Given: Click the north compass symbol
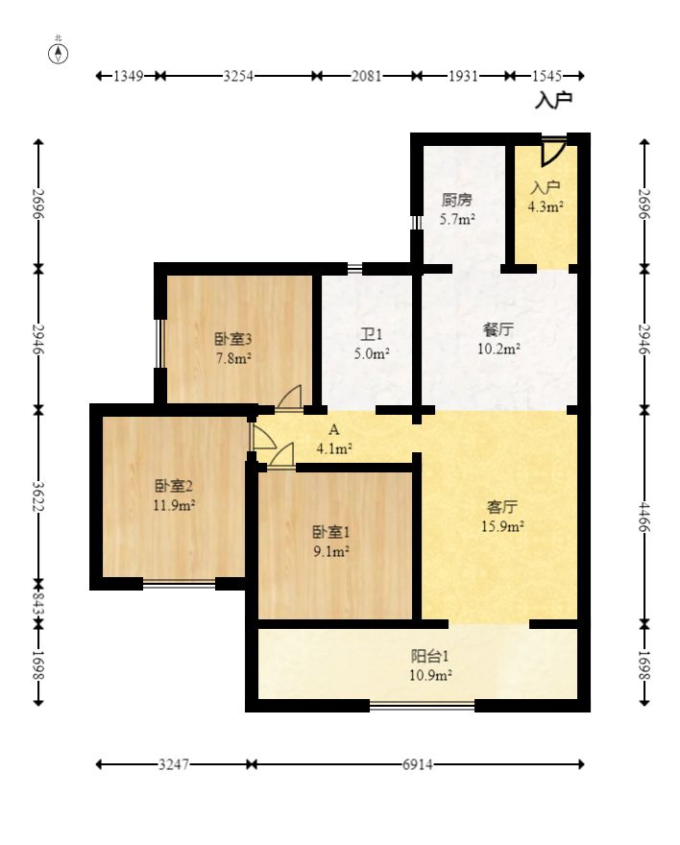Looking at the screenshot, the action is (59, 54).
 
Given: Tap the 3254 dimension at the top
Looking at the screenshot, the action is (239, 76).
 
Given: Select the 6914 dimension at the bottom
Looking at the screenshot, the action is (418, 764).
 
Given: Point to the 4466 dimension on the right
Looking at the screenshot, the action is (644, 517).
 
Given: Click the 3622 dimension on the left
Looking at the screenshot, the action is (38, 496).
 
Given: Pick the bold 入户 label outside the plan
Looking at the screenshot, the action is (553, 100).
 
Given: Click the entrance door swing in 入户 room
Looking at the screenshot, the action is (553, 152).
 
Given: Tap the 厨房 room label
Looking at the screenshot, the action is (457, 201).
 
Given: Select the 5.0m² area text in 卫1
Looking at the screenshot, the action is (372, 353).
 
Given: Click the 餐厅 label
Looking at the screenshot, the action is (498, 328).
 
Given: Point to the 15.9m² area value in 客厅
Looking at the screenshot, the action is (502, 526).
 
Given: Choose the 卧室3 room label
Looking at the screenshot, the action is (233, 339).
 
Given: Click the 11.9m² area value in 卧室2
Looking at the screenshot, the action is (174, 505).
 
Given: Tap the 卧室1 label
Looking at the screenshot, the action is (331, 532).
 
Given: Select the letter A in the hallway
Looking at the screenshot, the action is (334, 429).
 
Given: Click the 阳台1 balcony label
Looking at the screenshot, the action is (430, 656).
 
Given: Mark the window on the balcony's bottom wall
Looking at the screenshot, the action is (422, 706).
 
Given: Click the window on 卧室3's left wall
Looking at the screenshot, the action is (158, 344).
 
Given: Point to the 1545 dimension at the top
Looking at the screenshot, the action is (546, 76).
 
